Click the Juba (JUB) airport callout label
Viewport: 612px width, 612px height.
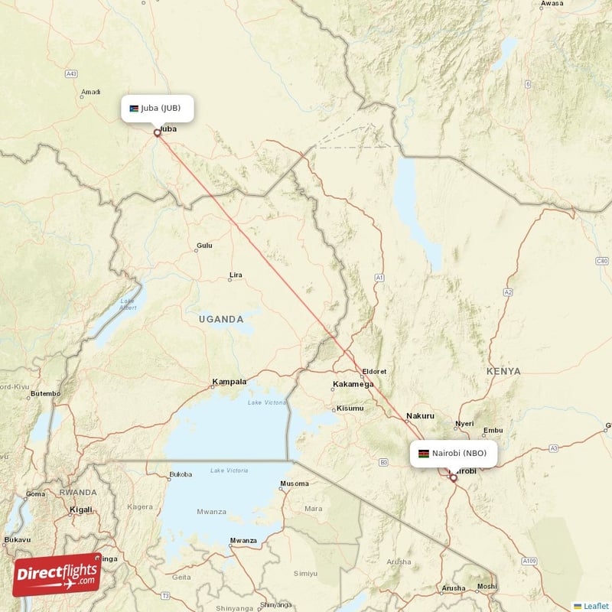tap(157, 108)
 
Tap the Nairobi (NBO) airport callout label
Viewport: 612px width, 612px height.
tap(453, 453)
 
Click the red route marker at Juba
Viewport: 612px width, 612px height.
tap(158, 132)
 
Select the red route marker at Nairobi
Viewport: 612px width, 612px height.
tap(453, 478)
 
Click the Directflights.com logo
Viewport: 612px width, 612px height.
tap(57, 574)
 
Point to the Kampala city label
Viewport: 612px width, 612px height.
tap(229, 381)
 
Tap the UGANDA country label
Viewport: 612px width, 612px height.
tap(220, 319)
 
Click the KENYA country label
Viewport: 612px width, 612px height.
tap(503, 371)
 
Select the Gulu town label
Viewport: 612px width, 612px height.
tap(204, 246)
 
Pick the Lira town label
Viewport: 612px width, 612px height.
tap(236, 275)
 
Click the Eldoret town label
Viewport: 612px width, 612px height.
tap(375, 371)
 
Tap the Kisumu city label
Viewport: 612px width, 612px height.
tap(350, 409)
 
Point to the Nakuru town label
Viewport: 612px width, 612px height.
tap(420, 416)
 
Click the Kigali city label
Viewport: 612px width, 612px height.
tap(80, 509)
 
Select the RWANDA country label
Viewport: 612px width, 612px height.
tap(78, 492)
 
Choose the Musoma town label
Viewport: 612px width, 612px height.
tap(295, 483)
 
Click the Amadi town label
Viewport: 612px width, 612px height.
tap(90, 93)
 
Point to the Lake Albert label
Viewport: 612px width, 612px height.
tap(127, 304)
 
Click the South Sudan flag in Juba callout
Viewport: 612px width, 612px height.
tap(134, 108)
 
